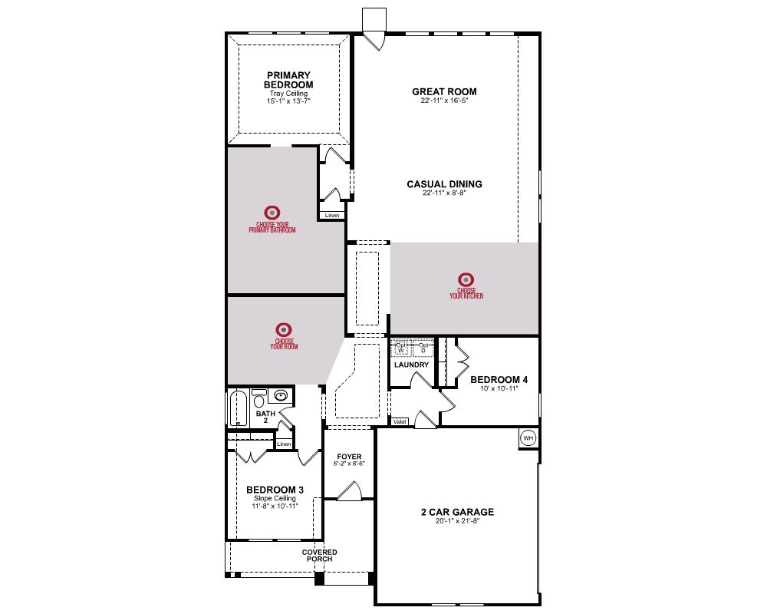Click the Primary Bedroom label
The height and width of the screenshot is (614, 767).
coord(288,80)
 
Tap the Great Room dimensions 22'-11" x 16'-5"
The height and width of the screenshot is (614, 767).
coord(444,101)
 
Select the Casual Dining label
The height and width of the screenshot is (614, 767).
coord(444,184)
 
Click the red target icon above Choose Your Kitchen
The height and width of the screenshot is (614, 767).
coord(466,279)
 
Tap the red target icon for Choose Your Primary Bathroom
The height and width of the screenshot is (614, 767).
coord(272,213)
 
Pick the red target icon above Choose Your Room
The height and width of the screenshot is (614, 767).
coord(284,329)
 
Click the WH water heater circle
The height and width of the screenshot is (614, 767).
coord(528,437)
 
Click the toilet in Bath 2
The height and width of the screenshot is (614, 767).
coord(258,398)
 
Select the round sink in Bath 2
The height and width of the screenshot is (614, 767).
coord(281,395)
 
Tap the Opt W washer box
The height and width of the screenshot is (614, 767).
coord(400,348)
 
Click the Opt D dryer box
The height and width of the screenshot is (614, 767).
coord(423,348)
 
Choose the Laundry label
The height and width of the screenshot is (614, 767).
coord(411,365)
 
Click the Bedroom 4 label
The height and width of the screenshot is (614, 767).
coord(499,379)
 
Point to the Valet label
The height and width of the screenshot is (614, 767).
coord(400,421)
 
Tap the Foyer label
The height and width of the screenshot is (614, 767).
coord(349,457)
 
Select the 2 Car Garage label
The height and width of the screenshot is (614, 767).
coord(457,512)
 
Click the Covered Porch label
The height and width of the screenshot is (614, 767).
coord(319,556)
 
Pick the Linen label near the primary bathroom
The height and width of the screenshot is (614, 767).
coord(332,216)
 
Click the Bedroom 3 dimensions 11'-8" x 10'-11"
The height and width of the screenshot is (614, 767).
coord(275,507)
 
